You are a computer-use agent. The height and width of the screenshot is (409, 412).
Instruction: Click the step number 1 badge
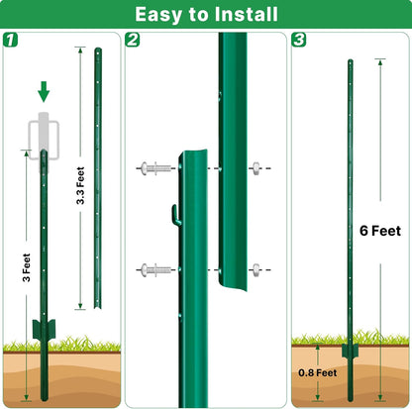[11, 41]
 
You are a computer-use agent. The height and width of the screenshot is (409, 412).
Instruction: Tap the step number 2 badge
[134, 41]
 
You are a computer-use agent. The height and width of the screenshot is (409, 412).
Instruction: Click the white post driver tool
[43, 135]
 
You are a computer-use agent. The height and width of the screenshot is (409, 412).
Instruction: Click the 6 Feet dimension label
[380, 231]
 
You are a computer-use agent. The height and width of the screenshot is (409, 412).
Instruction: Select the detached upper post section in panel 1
[97, 178]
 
